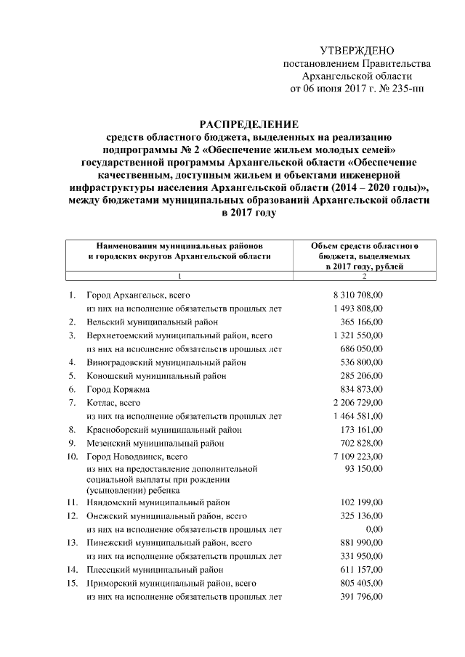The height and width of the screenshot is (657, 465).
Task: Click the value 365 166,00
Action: [367, 321]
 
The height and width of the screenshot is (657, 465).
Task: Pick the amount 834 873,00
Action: [367, 389]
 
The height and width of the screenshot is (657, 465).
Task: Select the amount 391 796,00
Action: [367, 597]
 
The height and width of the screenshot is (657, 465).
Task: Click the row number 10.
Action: [72, 457]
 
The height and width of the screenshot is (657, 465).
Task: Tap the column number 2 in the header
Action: [364, 276]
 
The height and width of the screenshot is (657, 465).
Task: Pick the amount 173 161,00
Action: [367, 429]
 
